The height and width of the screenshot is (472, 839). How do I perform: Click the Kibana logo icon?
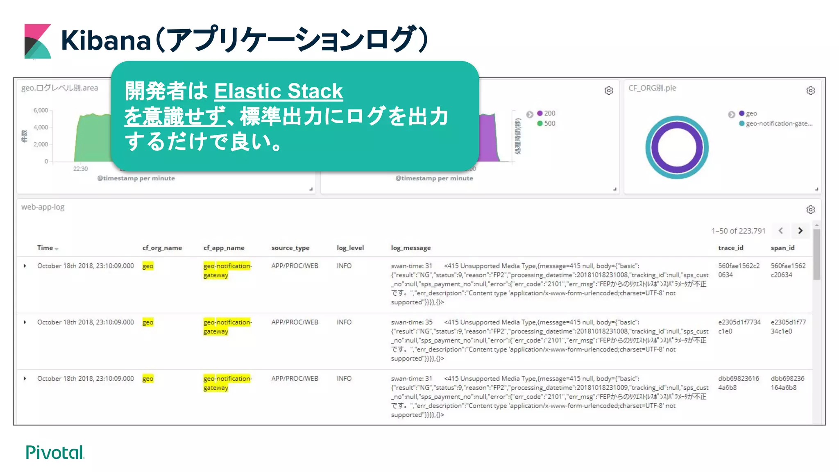point(38,41)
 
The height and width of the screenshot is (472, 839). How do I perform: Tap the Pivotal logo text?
point(54,452)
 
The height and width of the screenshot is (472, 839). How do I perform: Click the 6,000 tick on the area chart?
point(41,110)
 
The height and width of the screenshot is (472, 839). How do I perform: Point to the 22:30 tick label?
point(80,169)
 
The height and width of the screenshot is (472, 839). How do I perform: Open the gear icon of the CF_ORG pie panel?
point(810,91)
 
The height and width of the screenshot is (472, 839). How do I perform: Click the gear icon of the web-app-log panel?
point(810,210)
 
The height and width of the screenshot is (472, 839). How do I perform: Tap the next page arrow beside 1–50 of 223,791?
point(800,231)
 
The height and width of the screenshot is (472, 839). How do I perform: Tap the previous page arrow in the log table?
point(781,231)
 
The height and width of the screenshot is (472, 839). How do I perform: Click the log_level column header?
point(350,248)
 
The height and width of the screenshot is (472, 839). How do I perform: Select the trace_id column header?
point(730,248)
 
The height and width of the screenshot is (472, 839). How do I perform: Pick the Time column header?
point(45,248)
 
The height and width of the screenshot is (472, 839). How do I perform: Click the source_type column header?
point(290,248)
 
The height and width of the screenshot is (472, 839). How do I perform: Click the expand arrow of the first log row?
point(25,266)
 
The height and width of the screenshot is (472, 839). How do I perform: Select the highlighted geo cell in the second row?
point(148,322)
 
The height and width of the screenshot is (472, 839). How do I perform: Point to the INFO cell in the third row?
point(344,379)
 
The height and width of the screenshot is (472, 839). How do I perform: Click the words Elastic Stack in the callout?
point(278,91)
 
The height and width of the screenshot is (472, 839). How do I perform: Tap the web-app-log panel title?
point(43,207)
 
